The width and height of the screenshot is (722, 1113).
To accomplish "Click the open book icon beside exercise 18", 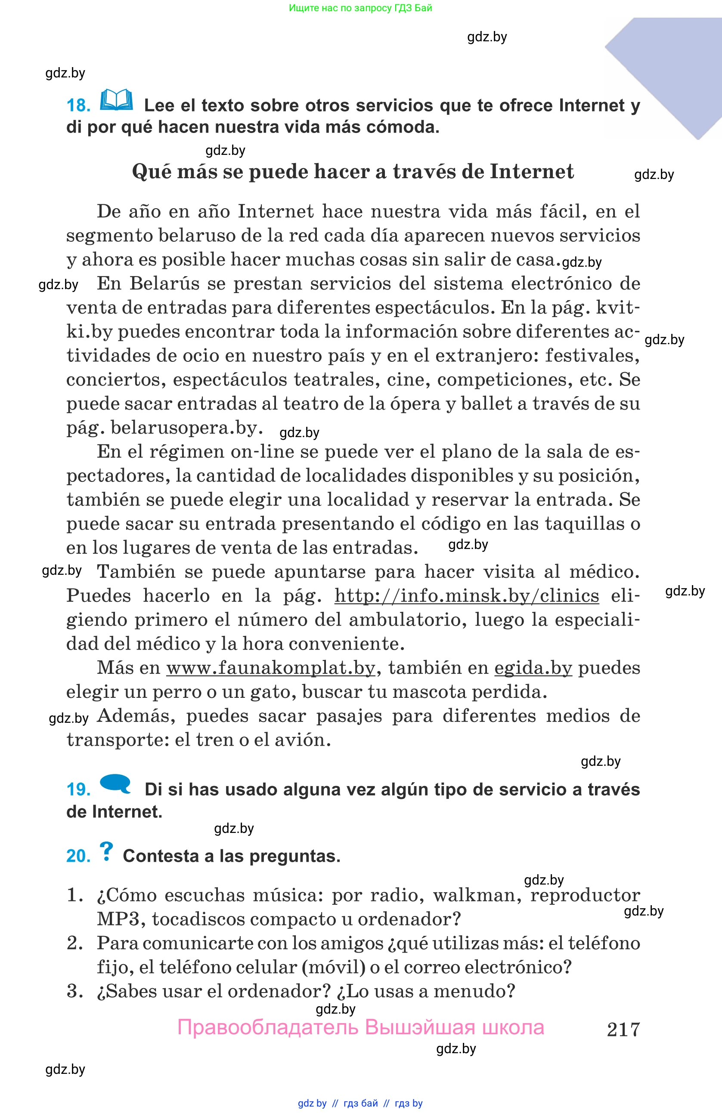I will click(116, 100).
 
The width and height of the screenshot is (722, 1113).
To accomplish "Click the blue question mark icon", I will click(106, 851).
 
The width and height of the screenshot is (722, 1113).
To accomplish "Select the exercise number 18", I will click(78, 106).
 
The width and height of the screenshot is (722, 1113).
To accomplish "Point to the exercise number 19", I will click(78, 790).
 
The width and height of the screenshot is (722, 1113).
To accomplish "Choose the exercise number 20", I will click(78, 856).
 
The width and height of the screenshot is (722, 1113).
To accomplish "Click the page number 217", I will click(623, 1030).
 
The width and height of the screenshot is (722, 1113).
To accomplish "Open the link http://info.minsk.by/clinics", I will click(467, 596).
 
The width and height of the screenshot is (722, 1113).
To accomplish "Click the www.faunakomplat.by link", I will click(270, 668).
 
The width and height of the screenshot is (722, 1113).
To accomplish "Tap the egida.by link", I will click(533, 668).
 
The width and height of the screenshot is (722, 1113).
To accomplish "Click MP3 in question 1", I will click(118, 919).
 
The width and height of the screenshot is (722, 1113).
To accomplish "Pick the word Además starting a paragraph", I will click(136, 716).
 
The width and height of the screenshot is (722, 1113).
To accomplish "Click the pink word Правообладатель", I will click(268, 1027).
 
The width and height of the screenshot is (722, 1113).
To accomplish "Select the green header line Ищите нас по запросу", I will click(360, 8).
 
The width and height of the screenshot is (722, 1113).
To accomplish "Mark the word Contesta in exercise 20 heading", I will click(161, 856).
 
